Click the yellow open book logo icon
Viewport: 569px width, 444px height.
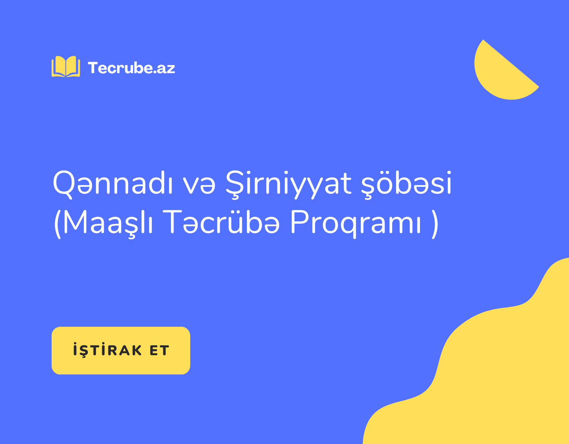tap(66, 66)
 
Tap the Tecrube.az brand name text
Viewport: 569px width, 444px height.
tap(132, 68)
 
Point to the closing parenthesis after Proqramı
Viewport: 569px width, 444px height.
tap(435, 224)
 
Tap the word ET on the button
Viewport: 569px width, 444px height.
tap(159, 351)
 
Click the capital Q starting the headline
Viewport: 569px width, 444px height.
tap(63, 184)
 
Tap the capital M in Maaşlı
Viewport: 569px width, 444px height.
tap(75, 222)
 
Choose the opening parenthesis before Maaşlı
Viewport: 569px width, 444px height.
tap(57, 224)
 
